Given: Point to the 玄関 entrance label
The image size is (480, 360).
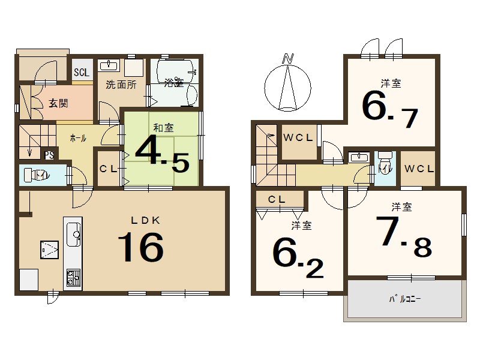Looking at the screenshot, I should click(58, 103).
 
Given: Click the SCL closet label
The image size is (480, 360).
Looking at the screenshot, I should click(81, 73).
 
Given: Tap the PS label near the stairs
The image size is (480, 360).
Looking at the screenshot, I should click(49, 155).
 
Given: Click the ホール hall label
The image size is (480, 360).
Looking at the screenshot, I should click(78, 138).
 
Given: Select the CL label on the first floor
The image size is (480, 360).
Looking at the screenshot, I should click(108, 169).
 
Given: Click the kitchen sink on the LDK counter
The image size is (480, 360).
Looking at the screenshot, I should click(74, 230).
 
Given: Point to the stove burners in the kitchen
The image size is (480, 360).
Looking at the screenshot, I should click(73, 278).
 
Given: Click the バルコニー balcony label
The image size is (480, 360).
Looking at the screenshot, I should click(406, 298).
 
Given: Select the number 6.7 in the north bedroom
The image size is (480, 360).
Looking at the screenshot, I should click(389, 110).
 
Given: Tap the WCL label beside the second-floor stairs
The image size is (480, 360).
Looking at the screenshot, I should click(298, 137).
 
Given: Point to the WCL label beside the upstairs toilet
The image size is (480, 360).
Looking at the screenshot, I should click(419, 169).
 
